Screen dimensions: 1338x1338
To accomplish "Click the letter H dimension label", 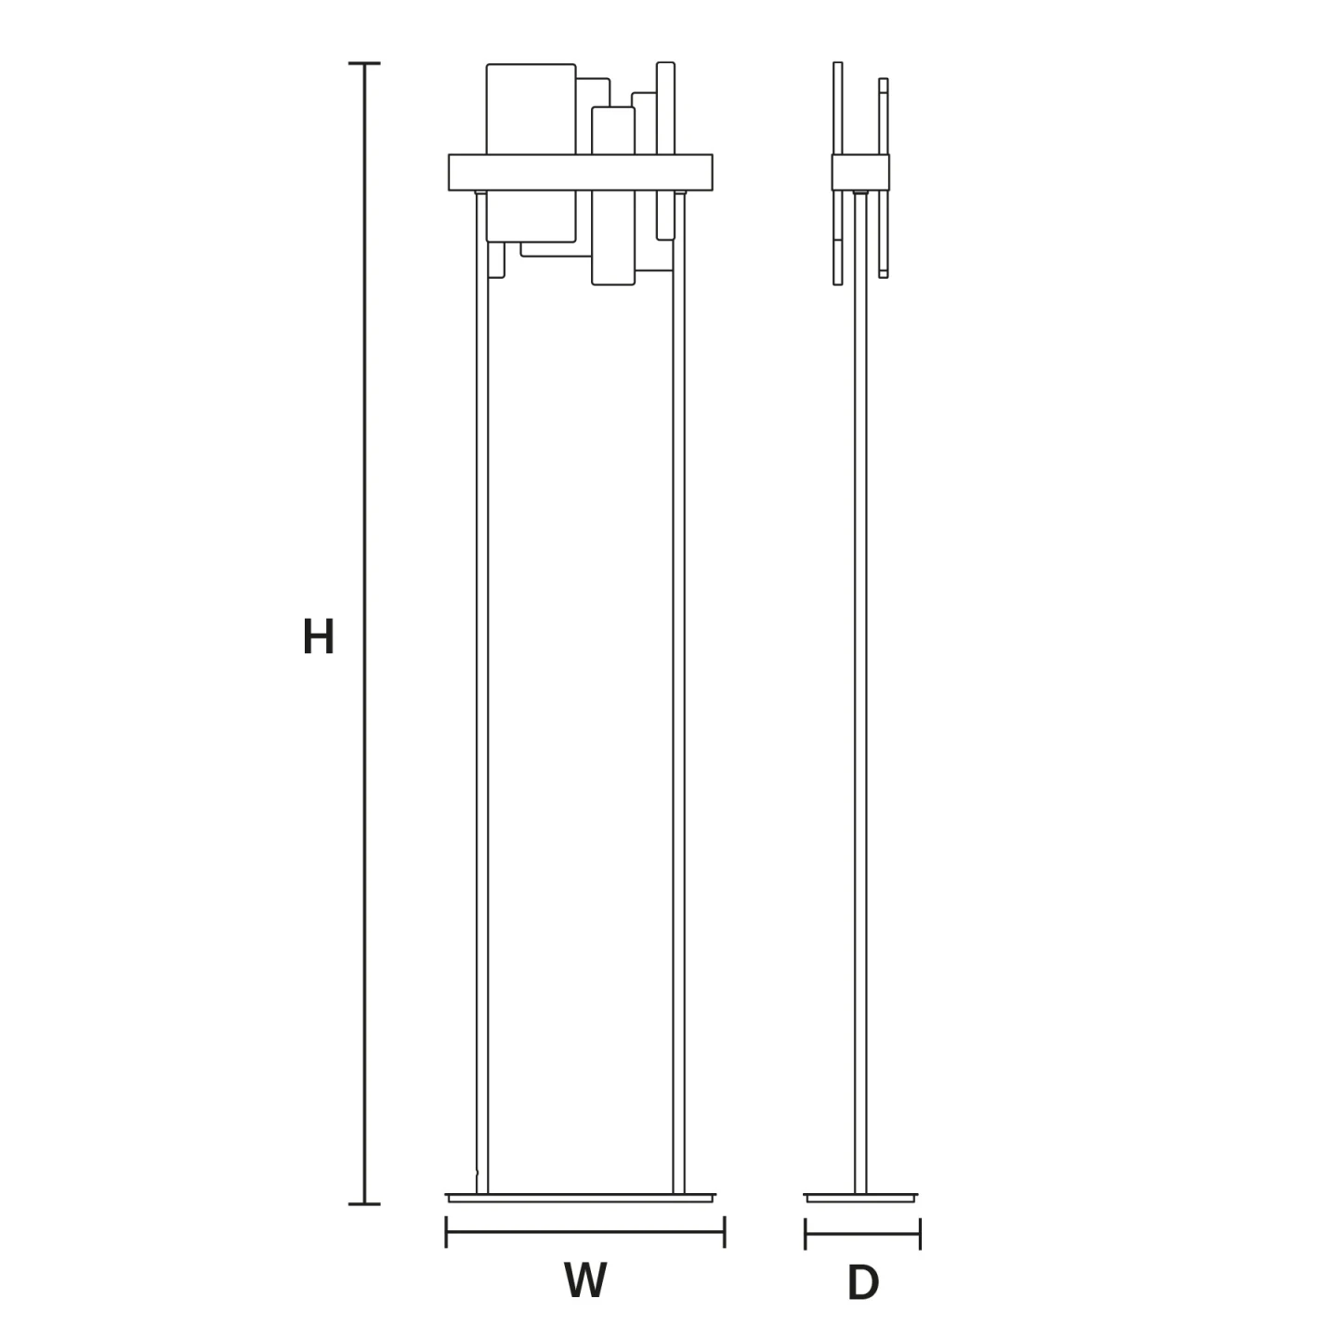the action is [319, 636].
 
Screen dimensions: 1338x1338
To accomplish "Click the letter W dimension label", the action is [585, 1279].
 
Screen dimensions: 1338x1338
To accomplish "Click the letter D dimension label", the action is [863, 1283].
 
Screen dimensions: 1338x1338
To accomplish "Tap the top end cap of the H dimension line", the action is [364, 63].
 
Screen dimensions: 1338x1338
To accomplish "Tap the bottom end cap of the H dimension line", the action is [364, 1204].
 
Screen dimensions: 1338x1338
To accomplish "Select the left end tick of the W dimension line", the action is [446, 1232].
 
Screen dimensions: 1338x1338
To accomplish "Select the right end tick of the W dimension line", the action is [724, 1232].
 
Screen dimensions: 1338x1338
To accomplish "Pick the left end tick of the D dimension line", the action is [805, 1234].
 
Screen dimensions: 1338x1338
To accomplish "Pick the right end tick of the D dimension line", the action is [920, 1234].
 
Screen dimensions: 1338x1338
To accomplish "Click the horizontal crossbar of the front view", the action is [581, 172].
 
